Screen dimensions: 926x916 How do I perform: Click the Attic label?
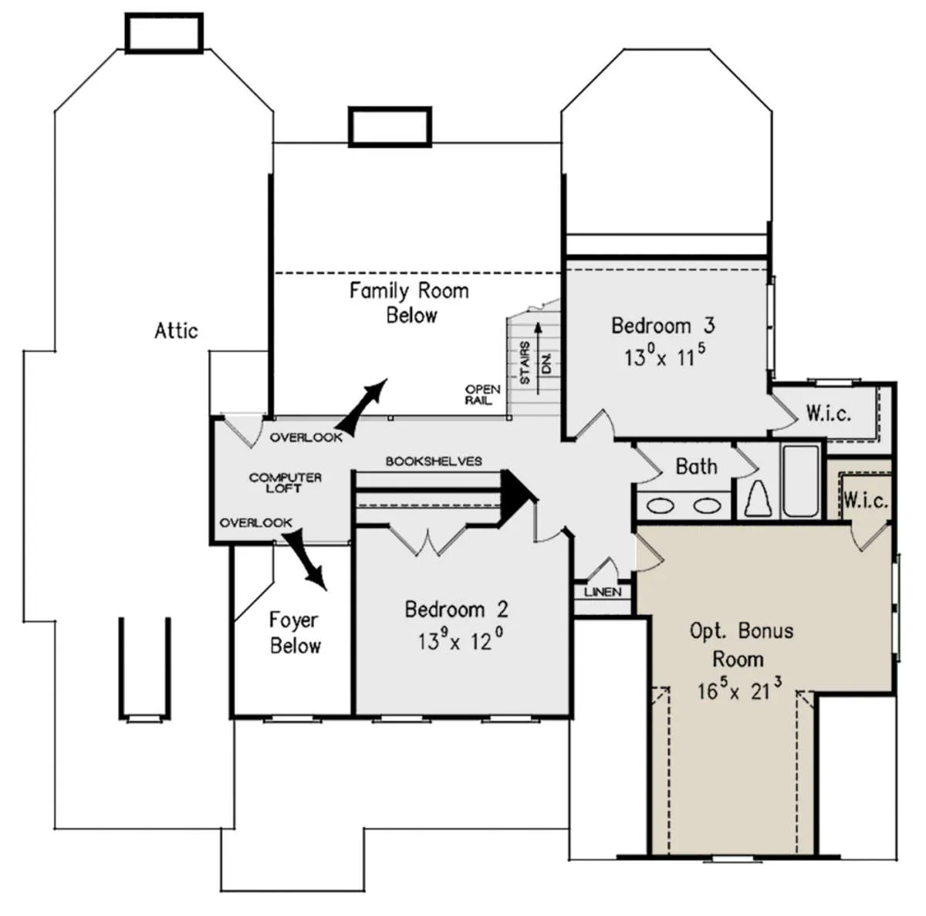pyautogui.click(x=176, y=331)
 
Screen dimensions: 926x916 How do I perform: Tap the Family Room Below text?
pyautogui.click(x=409, y=303)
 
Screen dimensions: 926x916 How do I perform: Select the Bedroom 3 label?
pyautogui.click(x=663, y=326)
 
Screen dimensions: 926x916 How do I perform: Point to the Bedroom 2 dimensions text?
pyautogui.click(x=461, y=641)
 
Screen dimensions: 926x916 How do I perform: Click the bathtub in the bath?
pyautogui.click(x=800, y=481)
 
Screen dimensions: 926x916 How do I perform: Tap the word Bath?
pyautogui.click(x=696, y=466)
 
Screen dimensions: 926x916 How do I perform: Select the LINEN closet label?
pyautogui.click(x=603, y=593)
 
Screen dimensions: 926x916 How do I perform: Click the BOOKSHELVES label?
pyautogui.click(x=434, y=461)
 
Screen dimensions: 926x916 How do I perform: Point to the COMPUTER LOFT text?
pyautogui.click(x=286, y=483)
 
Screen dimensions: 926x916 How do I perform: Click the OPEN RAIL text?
pyautogui.click(x=482, y=394)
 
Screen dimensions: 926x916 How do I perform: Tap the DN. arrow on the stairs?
pyautogui.click(x=538, y=358)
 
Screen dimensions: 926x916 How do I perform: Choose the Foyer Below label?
pyautogui.click(x=295, y=633)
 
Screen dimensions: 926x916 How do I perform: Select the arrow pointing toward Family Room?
pyautogui.click(x=361, y=407)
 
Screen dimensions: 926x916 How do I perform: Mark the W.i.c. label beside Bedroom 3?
pyautogui.click(x=828, y=414)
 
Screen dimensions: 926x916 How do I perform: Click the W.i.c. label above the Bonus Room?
pyautogui.click(x=866, y=501)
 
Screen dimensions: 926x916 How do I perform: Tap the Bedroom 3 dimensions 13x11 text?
pyautogui.click(x=664, y=356)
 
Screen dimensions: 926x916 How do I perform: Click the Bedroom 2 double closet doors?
pyautogui.click(x=428, y=542)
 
